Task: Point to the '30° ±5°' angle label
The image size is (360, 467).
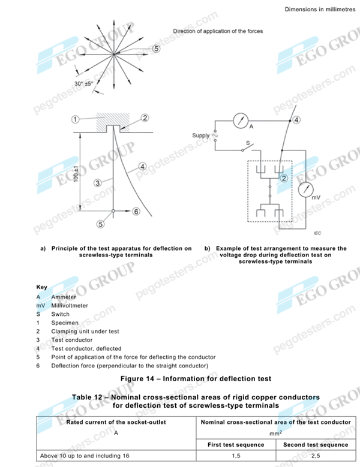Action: [87, 84]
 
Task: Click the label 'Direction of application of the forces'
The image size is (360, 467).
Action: [218, 31]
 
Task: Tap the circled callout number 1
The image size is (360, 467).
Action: [75, 119]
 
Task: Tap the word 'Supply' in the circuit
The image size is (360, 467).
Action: [200, 135]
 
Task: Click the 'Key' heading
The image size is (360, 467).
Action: [42, 287]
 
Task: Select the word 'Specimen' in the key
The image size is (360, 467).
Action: [65, 323]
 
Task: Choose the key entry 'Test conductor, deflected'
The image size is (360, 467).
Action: [86, 348]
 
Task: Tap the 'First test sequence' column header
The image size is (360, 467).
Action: [236, 444]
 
